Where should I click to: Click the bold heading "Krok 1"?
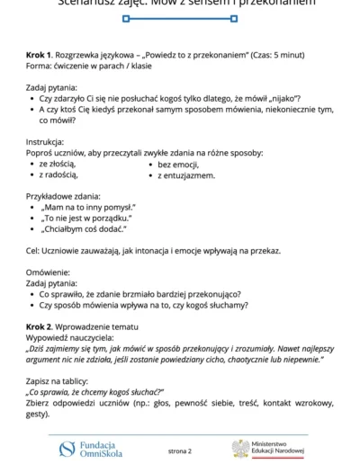click(x=40, y=56)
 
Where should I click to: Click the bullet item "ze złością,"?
click(x=58, y=165)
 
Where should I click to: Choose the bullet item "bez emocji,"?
click(x=182, y=165)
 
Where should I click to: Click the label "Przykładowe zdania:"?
click(x=63, y=196)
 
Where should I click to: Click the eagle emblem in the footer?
click(x=240, y=448)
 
